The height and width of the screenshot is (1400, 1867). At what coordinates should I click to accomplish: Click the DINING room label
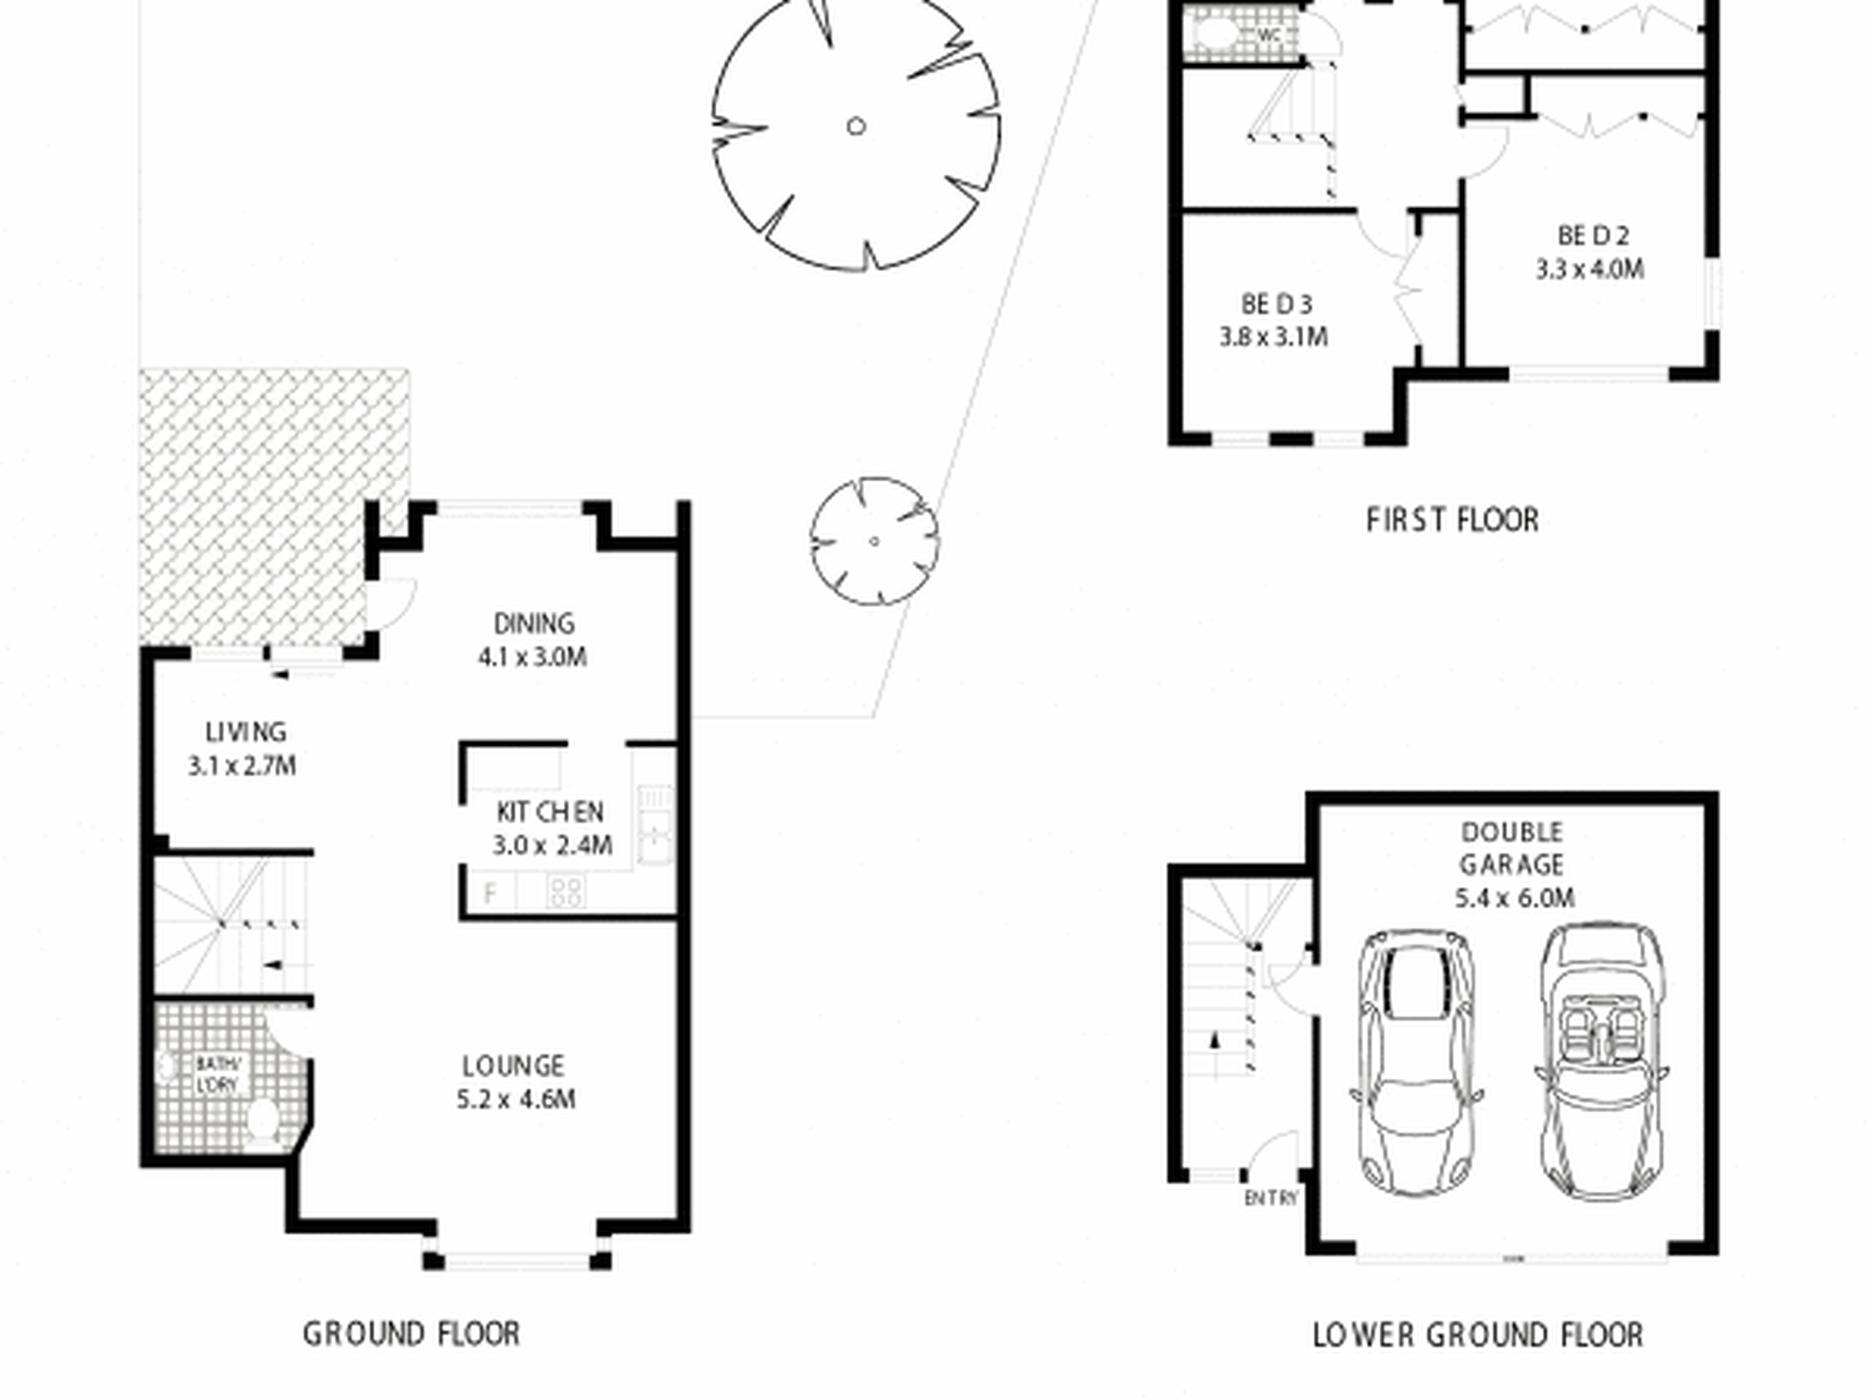click(x=534, y=624)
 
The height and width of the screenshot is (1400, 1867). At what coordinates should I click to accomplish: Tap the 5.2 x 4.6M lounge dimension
click(x=516, y=1099)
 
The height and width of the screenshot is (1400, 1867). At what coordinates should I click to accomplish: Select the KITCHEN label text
click(x=549, y=812)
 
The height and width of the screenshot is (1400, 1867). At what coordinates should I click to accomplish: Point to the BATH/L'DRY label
click(x=217, y=1074)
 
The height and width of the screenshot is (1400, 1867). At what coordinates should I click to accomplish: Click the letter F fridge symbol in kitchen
click(x=490, y=893)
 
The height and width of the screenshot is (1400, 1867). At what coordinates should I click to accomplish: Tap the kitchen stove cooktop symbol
click(x=566, y=892)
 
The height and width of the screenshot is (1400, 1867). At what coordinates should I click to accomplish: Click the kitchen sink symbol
click(x=654, y=823)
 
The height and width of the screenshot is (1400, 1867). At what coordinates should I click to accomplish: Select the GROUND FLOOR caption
click(x=411, y=1333)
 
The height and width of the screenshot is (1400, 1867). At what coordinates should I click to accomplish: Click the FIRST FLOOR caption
click(x=1452, y=520)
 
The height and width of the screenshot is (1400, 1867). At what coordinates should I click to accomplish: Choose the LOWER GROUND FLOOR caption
click(x=1477, y=1335)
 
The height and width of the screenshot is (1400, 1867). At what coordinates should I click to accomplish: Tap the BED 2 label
click(x=1592, y=236)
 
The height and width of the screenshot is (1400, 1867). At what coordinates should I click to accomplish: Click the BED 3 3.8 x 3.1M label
click(x=1274, y=320)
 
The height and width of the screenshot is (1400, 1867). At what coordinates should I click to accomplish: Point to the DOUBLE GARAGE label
click(x=1511, y=849)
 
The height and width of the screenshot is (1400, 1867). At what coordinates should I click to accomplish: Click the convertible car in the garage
click(x=1600, y=1061)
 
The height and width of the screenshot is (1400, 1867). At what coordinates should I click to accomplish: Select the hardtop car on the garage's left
click(x=1415, y=1061)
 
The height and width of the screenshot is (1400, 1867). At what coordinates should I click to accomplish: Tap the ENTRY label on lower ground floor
click(x=1271, y=1199)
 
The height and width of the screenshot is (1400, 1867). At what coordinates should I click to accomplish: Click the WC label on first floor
click(x=1270, y=35)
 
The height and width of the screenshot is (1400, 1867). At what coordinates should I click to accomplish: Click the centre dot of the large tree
click(x=856, y=126)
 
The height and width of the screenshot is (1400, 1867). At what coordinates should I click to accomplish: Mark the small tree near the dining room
click(x=874, y=540)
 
